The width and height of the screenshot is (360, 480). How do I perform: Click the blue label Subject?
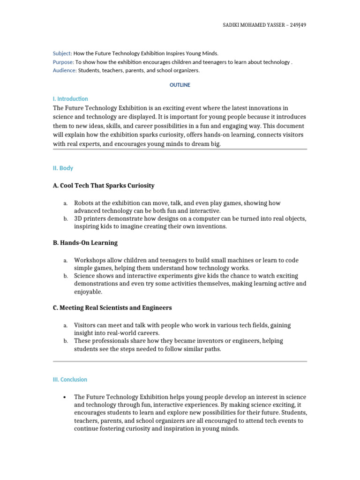coord(62,53)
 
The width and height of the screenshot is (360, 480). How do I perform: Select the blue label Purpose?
coord(63,62)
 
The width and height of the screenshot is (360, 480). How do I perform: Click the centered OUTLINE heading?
coord(180,85)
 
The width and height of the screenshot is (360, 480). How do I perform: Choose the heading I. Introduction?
coord(70,99)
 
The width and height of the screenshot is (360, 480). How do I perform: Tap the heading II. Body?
coord(63,168)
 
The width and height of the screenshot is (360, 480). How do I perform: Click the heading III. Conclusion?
coord(70,380)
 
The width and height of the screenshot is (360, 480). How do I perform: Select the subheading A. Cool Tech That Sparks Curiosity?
coord(104,186)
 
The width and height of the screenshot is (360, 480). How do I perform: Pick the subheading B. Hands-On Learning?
coord(85,243)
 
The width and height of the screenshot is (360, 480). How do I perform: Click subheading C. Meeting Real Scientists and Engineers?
coord(112,308)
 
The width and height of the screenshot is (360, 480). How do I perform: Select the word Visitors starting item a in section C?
coord(85,325)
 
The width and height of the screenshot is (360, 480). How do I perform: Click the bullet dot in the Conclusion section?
coord(63,397)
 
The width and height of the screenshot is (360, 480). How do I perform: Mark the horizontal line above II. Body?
coord(180,149)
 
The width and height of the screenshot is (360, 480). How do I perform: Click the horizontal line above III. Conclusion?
coord(180,361)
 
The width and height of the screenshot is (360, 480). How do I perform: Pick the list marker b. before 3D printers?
coord(65,219)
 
